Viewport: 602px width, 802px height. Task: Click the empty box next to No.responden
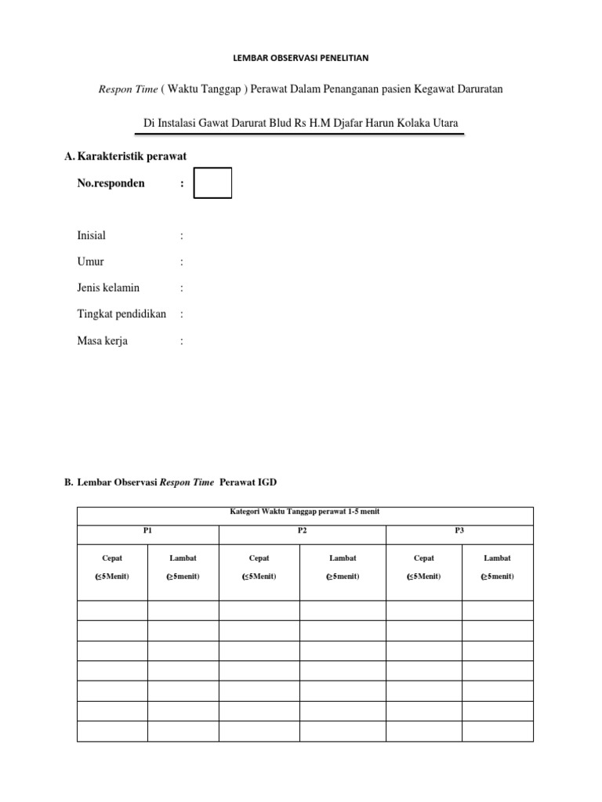pyautogui.click(x=212, y=183)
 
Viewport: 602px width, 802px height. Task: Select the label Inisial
pyautogui.click(x=91, y=236)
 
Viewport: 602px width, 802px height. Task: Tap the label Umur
pyautogui.click(x=90, y=262)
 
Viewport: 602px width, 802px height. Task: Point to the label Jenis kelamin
pyautogui.click(x=108, y=288)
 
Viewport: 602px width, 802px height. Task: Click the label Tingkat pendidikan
pyautogui.click(x=121, y=314)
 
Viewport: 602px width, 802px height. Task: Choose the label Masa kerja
pyautogui.click(x=103, y=341)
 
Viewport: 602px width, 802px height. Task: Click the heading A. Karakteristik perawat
pyautogui.click(x=125, y=157)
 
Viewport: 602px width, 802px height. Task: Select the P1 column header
pyautogui.click(x=147, y=530)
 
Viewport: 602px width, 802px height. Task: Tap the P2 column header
pyautogui.click(x=302, y=530)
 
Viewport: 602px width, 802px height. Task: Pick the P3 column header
pyautogui.click(x=459, y=530)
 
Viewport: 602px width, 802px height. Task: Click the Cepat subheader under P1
pyautogui.click(x=112, y=558)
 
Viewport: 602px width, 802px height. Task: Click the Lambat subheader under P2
pyautogui.click(x=343, y=558)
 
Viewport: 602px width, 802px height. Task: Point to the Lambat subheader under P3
pyautogui.click(x=497, y=558)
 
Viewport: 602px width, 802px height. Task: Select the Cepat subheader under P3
pyautogui.click(x=423, y=558)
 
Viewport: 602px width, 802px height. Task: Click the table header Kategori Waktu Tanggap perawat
pyautogui.click(x=304, y=511)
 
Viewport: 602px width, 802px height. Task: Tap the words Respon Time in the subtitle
pyautogui.click(x=127, y=89)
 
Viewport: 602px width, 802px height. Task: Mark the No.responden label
pyautogui.click(x=111, y=184)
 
